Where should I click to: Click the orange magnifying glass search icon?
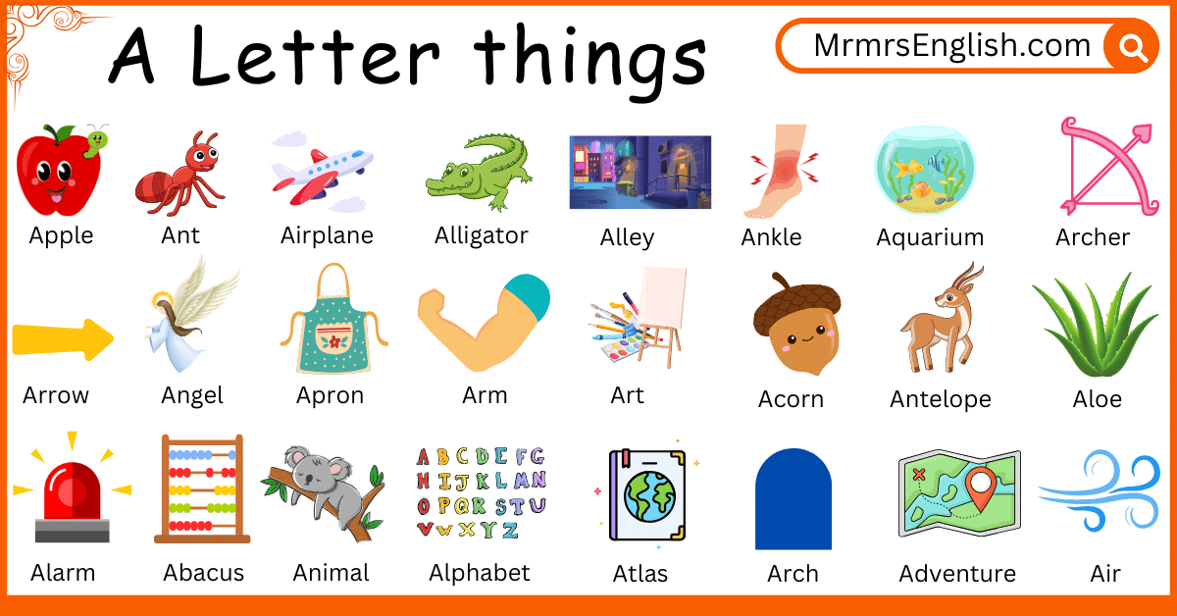point(1131,46)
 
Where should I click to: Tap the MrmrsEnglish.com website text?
point(951,46)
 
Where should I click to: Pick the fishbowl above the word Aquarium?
point(918,172)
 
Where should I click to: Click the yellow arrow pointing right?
point(62,339)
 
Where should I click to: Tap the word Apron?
point(331,395)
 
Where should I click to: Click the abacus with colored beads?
point(202,489)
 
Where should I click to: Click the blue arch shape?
point(793,498)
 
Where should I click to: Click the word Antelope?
point(940,399)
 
